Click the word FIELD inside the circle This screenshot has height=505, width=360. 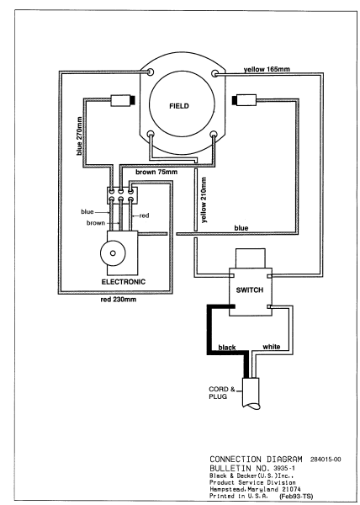pos(179,106)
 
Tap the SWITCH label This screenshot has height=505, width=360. pos(249,290)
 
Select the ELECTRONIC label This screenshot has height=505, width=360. pos(124,282)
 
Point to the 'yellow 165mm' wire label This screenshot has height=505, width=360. pos(267,69)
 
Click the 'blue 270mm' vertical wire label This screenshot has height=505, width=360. pos(79,136)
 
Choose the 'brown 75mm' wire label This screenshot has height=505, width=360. pos(156,172)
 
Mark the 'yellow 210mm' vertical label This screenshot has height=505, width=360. pos(204,200)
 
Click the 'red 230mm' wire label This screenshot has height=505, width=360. pos(119,300)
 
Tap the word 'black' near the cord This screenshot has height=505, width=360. pos(227,348)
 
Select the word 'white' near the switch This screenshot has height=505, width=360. pos(271,347)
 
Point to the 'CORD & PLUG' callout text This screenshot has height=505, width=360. pos(222,392)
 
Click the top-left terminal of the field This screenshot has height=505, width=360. pos(151,72)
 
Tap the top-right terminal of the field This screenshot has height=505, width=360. pos(214,74)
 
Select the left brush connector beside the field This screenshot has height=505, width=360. pos(123,100)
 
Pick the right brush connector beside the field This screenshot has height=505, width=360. pos(244,99)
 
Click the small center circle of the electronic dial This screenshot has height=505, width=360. pos(113,253)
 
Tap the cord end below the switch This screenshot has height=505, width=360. pos(251,394)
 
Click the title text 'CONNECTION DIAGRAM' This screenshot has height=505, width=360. pos(256,460)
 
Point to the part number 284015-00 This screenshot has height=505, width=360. pos(326,460)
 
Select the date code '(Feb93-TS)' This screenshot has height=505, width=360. pos(296,497)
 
